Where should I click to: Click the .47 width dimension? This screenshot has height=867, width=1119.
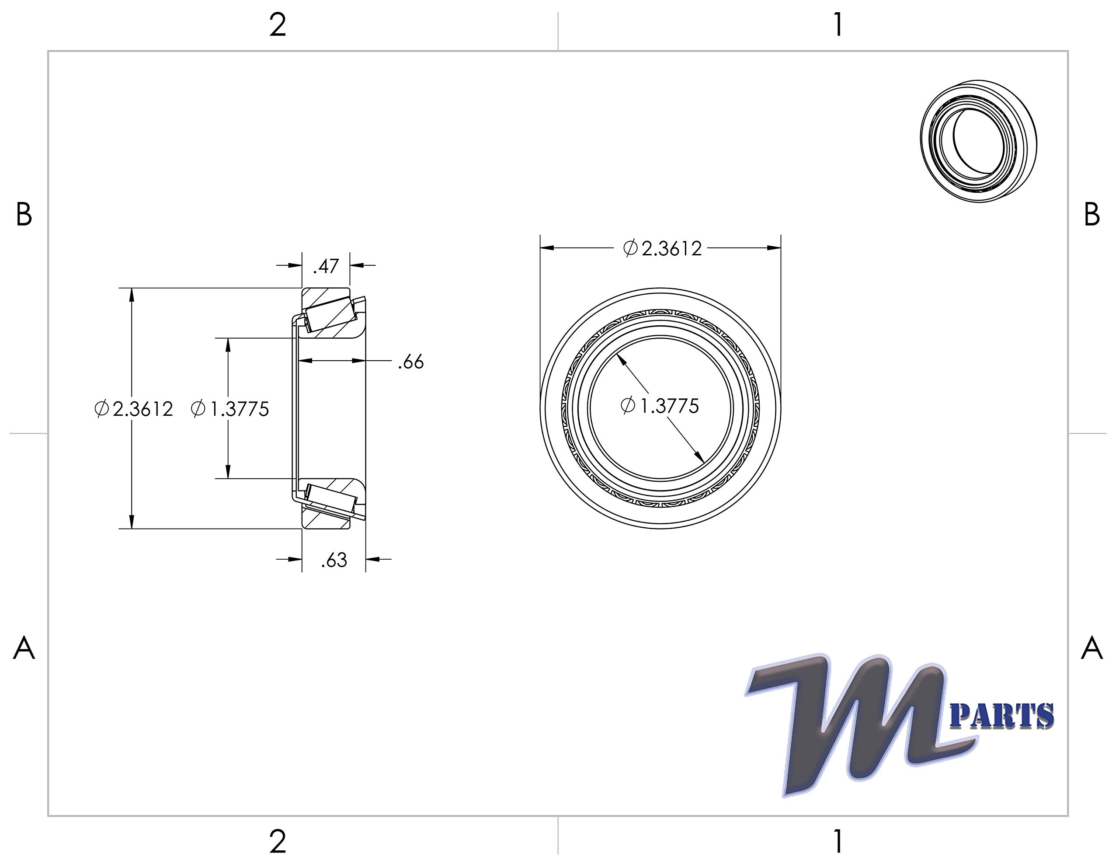pyautogui.click(x=326, y=266)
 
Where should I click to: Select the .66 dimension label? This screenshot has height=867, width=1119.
pyautogui.click(x=411, y=362)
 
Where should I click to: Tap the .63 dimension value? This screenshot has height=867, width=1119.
pyautogui.click(x=334, y=561)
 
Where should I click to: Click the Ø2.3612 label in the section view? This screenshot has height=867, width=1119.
pyautogui.click(x=134, y=409)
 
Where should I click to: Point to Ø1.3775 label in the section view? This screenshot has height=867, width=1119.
pyautogui.click(x=229, y=409)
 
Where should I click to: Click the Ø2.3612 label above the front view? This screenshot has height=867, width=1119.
pyautogui.click(x=662, y=248)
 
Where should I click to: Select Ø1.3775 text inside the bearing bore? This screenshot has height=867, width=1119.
pyautogui.click(x=660, y=406)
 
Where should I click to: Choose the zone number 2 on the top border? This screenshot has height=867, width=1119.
pyautogui.click(x=278, y=26)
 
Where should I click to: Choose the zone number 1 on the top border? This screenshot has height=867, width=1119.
pyautogui.click(x=838, y=26)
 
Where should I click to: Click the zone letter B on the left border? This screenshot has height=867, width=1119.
pyautogui.click(x=24, y=215)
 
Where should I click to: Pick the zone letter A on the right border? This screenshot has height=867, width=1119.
pyautogui.click(x=1091, y=648)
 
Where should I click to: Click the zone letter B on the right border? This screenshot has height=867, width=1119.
pyautogui.click(x=1091, y=215)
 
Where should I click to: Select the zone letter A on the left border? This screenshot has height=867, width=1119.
pyautogui.click(x=24, y=648)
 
